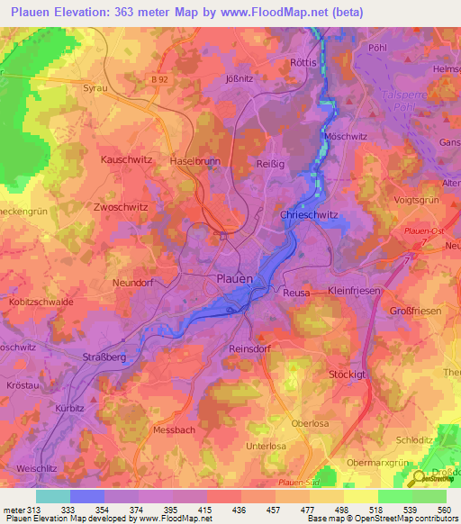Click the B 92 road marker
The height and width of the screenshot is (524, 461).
tap(161, 79)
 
